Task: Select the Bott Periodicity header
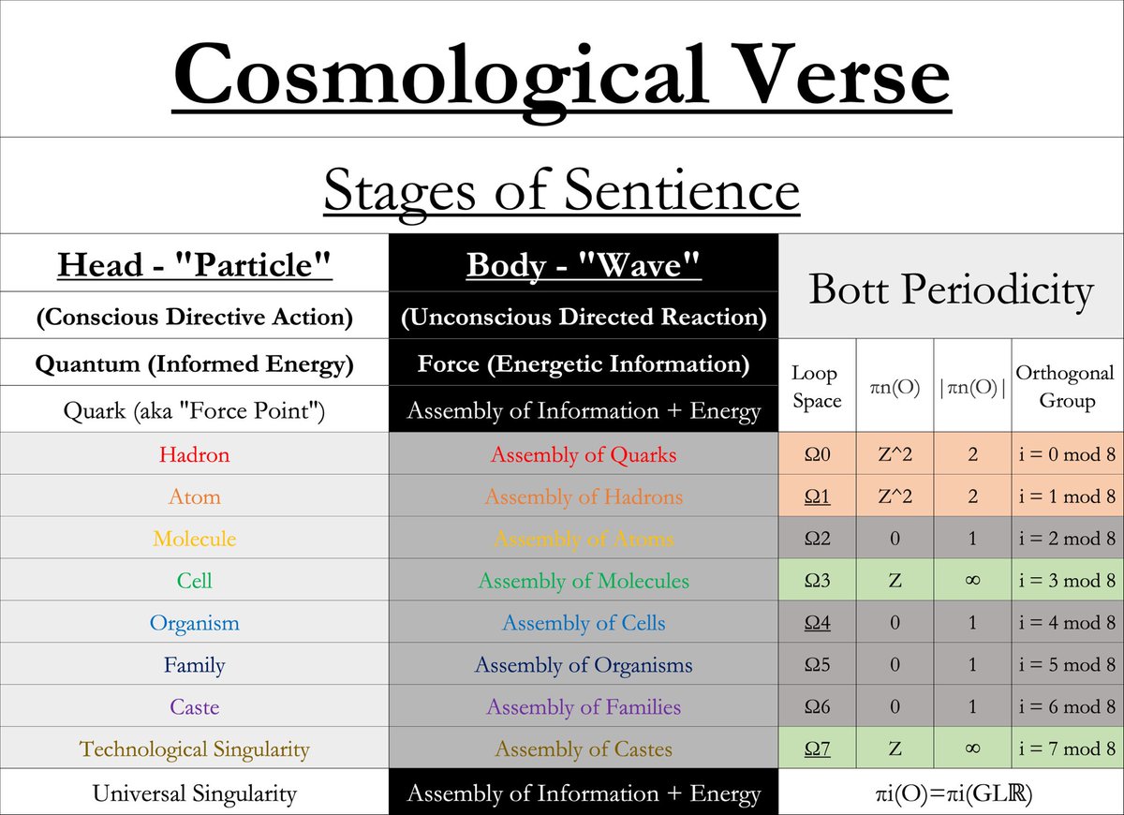coord(951,289)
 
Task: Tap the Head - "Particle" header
coord(195,265)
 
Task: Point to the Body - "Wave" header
coord(584,265)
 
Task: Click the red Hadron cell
coord(195,455)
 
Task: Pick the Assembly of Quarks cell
coord(584,455)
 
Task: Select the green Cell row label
coord(195,581)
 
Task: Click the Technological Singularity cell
coord(195,749)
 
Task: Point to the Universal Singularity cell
coord(195,794)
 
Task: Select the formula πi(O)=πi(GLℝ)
coord(951,794)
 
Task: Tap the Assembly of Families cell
coord(584,707)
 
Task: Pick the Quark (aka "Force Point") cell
coord(195,410)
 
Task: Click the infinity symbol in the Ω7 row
coord(971,749)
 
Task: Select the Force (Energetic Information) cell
coord(584,364)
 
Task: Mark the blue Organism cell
coord(195,623)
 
